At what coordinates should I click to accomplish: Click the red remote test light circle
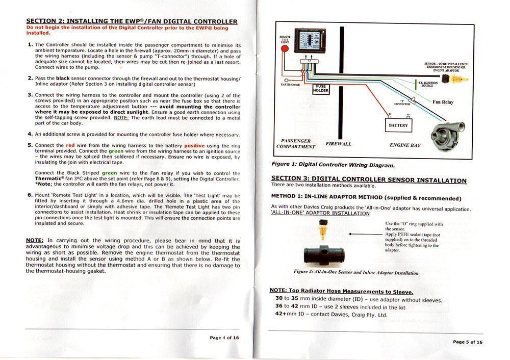[285, 49]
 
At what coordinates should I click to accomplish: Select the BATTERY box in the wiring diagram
[398, 124]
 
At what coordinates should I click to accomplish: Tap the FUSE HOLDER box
[321, 89]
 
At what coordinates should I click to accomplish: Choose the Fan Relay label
[443, 102]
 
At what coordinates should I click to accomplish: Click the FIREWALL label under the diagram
[338, 144]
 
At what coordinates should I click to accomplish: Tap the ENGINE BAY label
[405, 145]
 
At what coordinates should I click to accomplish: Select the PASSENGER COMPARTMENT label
[296, 144]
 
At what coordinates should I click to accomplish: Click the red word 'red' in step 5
[70, 145]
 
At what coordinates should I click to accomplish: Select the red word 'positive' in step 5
[194, 145]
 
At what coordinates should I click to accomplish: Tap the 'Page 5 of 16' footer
[467, 342]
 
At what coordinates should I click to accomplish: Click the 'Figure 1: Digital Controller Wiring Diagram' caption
[333, 165]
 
